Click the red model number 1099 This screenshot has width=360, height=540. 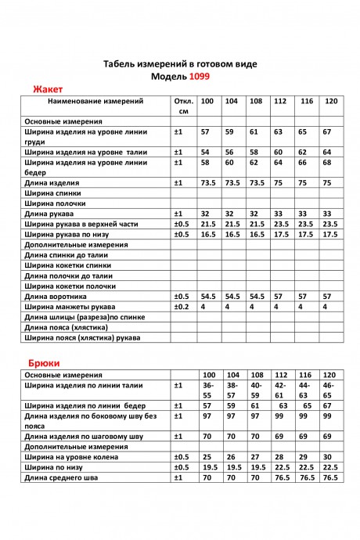(x=199, y=77)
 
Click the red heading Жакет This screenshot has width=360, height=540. (x=47, y=90)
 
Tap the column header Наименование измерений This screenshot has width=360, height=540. (x=95, y=102)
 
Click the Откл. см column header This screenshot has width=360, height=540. (x=183, y=106)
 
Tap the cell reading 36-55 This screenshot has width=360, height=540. (x=209, y=391)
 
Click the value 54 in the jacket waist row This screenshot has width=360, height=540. (x=206, y=152)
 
